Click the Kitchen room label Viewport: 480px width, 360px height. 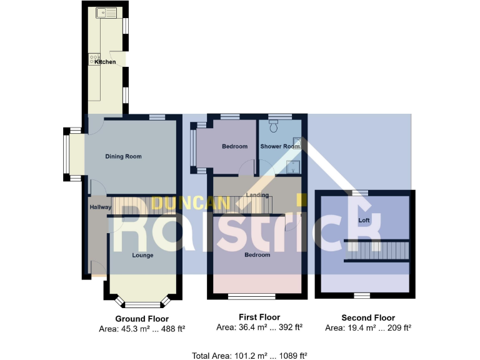[x=105, y=62]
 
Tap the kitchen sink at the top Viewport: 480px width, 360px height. [x=103, y=12]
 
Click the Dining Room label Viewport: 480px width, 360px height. [x=123, y=156]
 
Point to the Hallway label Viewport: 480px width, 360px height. [x=100, y=207]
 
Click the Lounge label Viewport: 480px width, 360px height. [x=142, y=255]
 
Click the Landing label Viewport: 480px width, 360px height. [x=257, y=196]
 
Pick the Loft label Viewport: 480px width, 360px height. [x=364, y=221]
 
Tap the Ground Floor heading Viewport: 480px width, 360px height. [x=142, y=317]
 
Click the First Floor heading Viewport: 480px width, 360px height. [x=259, y=317]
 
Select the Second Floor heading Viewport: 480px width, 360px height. [x=368, y=317]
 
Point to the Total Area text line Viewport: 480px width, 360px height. [x=249, y=356]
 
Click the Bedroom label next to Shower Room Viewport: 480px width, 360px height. [x=235, y=146]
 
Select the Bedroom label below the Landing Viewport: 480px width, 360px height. [x=257, y=255]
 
